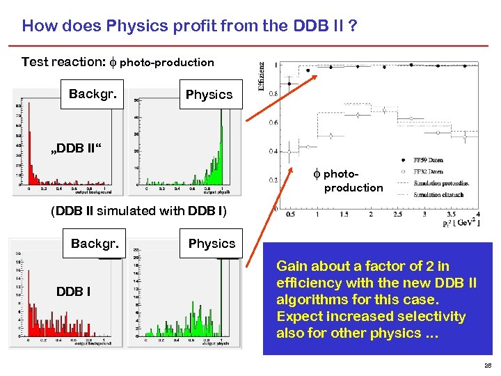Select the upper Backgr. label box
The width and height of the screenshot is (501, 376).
[x=92, y=94]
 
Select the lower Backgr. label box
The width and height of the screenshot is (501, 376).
[x=95, y=243]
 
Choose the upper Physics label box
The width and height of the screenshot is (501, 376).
[x=209, y=95]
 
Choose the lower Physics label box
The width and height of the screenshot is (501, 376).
[x=212, y=244]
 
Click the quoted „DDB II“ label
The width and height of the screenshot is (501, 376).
[x=74, y=149]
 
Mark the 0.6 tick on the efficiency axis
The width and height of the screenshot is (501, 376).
[x=273, y=123]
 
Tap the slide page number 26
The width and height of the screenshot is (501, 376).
[x=488, y=364]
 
